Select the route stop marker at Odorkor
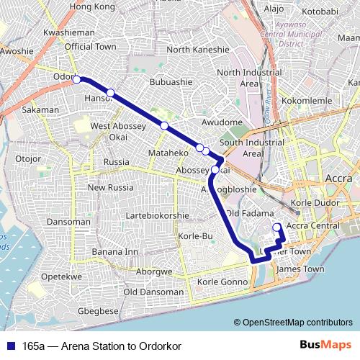(76, 80)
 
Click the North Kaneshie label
(197, 50)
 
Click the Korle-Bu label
(193, 236)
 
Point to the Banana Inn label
(115, 252)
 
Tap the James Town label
(297, 269)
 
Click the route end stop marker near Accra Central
(276, 229)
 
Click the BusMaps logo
(325, 345)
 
